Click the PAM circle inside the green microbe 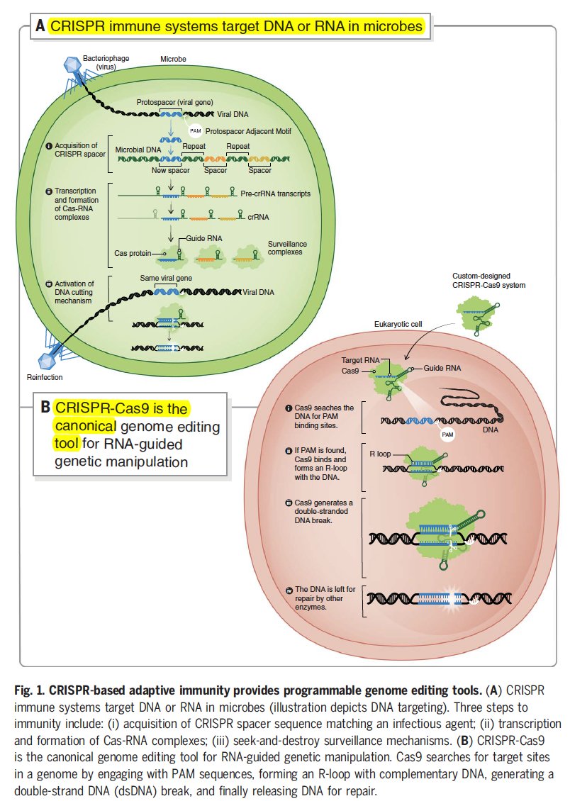196,130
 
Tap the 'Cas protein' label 131,252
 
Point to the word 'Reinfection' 45,378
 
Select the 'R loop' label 381,451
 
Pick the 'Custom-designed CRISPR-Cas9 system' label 488,280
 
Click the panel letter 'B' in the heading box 45,408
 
